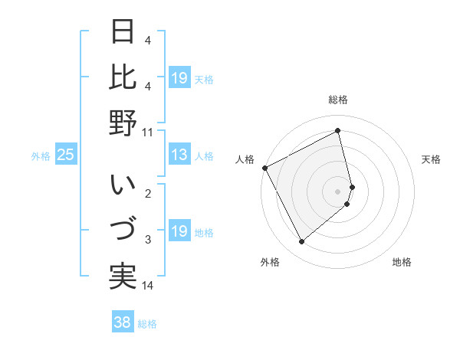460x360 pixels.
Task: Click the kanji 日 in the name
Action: coord(123,31)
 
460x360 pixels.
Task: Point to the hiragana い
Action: coord(123,185)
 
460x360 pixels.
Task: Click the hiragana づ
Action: coord(123,230)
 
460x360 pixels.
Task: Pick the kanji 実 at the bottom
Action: coord(123,277)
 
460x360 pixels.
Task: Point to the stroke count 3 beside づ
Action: coord(147,240)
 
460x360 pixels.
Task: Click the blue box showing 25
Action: coord(65,155)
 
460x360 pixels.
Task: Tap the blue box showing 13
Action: coord(179,155)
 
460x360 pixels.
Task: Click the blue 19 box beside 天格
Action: coord(179,78)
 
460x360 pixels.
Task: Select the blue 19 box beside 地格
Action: coord(179,232)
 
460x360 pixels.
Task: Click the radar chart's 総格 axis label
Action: coord(338,100)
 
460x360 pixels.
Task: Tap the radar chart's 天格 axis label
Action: coord(432,159)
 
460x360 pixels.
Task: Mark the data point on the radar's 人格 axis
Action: coord(265,168)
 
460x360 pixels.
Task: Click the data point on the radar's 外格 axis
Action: coord(301,242)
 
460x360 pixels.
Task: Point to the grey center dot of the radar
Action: coord(338,191)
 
